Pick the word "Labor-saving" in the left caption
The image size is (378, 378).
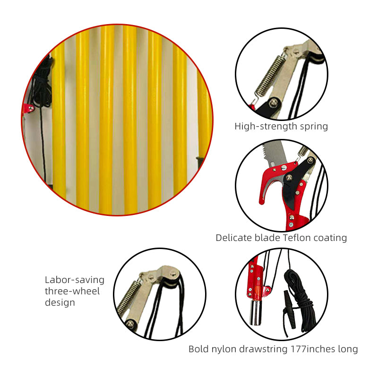pyautogui.click(x=75, y=280)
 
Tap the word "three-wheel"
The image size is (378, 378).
pyautogui.click(x=72, y=291)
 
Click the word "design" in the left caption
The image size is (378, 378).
pyautogui.click(x=60, y=302)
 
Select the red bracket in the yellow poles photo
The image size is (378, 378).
pyautogui.click(x=28, y=108)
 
